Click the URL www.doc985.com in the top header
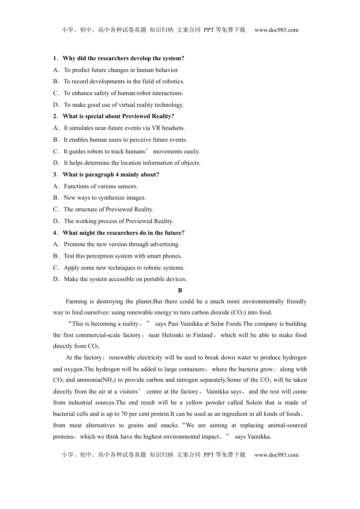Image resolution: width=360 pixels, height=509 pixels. click(276, 30)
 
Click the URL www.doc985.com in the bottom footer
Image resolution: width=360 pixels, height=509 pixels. click(276, 455)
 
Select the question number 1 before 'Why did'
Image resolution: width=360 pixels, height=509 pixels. click(55, 58)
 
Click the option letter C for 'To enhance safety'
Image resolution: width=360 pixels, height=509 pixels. click(56, 93)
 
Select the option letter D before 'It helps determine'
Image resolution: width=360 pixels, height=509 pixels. click(56, 163)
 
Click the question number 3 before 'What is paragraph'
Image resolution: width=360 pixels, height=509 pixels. click(55, 175)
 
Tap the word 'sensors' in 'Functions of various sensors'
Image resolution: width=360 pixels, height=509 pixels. click(128, 186)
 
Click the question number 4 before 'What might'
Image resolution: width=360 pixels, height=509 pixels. click(55, 233)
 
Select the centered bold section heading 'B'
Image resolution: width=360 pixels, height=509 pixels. click(180, 290)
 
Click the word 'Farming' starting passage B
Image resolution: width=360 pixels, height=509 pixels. click(76, 301)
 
